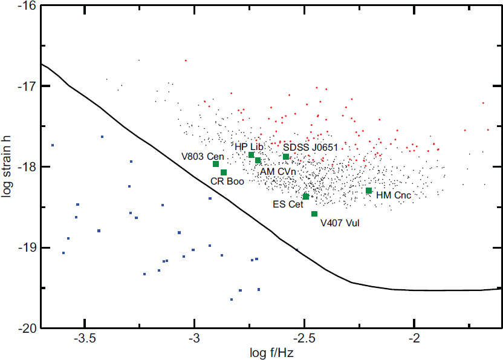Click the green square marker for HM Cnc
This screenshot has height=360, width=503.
(x=369, y=191)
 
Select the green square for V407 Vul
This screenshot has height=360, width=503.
(x=314, y=214)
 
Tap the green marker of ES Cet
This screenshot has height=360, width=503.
(x=306, y=196)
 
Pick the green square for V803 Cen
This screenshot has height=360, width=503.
(x=216, y=164)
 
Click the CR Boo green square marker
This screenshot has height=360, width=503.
(x=224, y=172)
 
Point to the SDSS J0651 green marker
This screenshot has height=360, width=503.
(x=286, y=157)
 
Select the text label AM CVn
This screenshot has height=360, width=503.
(x=277, y=172)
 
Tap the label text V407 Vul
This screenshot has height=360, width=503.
(x=340, y=223)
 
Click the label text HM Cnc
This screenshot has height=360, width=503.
(x=394, y=195)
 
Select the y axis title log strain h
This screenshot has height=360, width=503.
(x=7, y=166)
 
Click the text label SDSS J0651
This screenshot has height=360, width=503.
(x=310, y=147)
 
